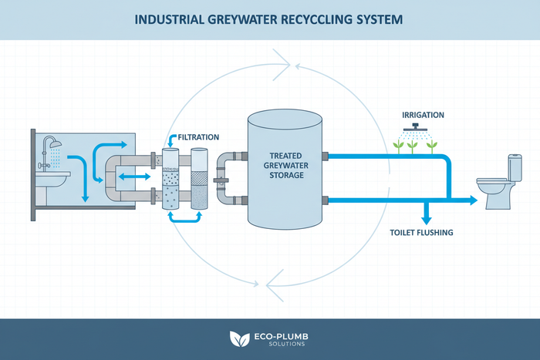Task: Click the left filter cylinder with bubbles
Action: [169, 183]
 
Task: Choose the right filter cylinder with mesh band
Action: [198, 183]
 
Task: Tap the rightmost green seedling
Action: [431, 144]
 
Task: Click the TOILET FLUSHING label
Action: [425, 231]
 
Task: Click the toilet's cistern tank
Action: [515, 167]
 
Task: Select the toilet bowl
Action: [494, 188]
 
